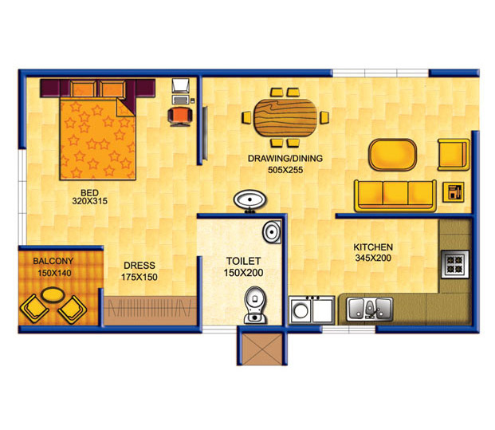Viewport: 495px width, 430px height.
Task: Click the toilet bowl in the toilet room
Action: coord(255,305)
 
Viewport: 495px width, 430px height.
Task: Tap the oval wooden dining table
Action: coord(285,117)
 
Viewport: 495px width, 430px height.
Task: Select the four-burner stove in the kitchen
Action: coord(455,264)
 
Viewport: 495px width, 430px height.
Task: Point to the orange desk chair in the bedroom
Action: coord(180,116)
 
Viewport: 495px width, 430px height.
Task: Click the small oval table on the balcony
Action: coord(53,294)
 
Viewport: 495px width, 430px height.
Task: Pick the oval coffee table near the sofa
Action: coord(392,155)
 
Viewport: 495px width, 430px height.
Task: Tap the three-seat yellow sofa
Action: coord(395,195)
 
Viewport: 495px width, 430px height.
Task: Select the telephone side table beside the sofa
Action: coord(454,191)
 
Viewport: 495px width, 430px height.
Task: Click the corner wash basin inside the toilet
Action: coord(272,232)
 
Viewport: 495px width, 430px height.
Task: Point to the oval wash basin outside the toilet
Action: coord(249,200)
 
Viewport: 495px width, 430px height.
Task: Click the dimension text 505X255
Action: coord(285,170)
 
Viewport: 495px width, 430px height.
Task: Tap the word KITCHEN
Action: coord(373,247)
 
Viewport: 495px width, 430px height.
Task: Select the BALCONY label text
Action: coord(53,262)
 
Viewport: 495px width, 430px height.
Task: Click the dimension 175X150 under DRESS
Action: coord(139,277)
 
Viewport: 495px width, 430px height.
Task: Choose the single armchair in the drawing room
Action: coord(454,155)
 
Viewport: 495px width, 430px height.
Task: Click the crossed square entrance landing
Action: coord(261,349)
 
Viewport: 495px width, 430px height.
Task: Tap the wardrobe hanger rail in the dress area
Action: coord(150,309)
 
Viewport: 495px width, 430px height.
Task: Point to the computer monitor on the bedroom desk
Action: coord(180,86)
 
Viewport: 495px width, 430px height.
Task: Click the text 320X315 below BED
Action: coord(89,201)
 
